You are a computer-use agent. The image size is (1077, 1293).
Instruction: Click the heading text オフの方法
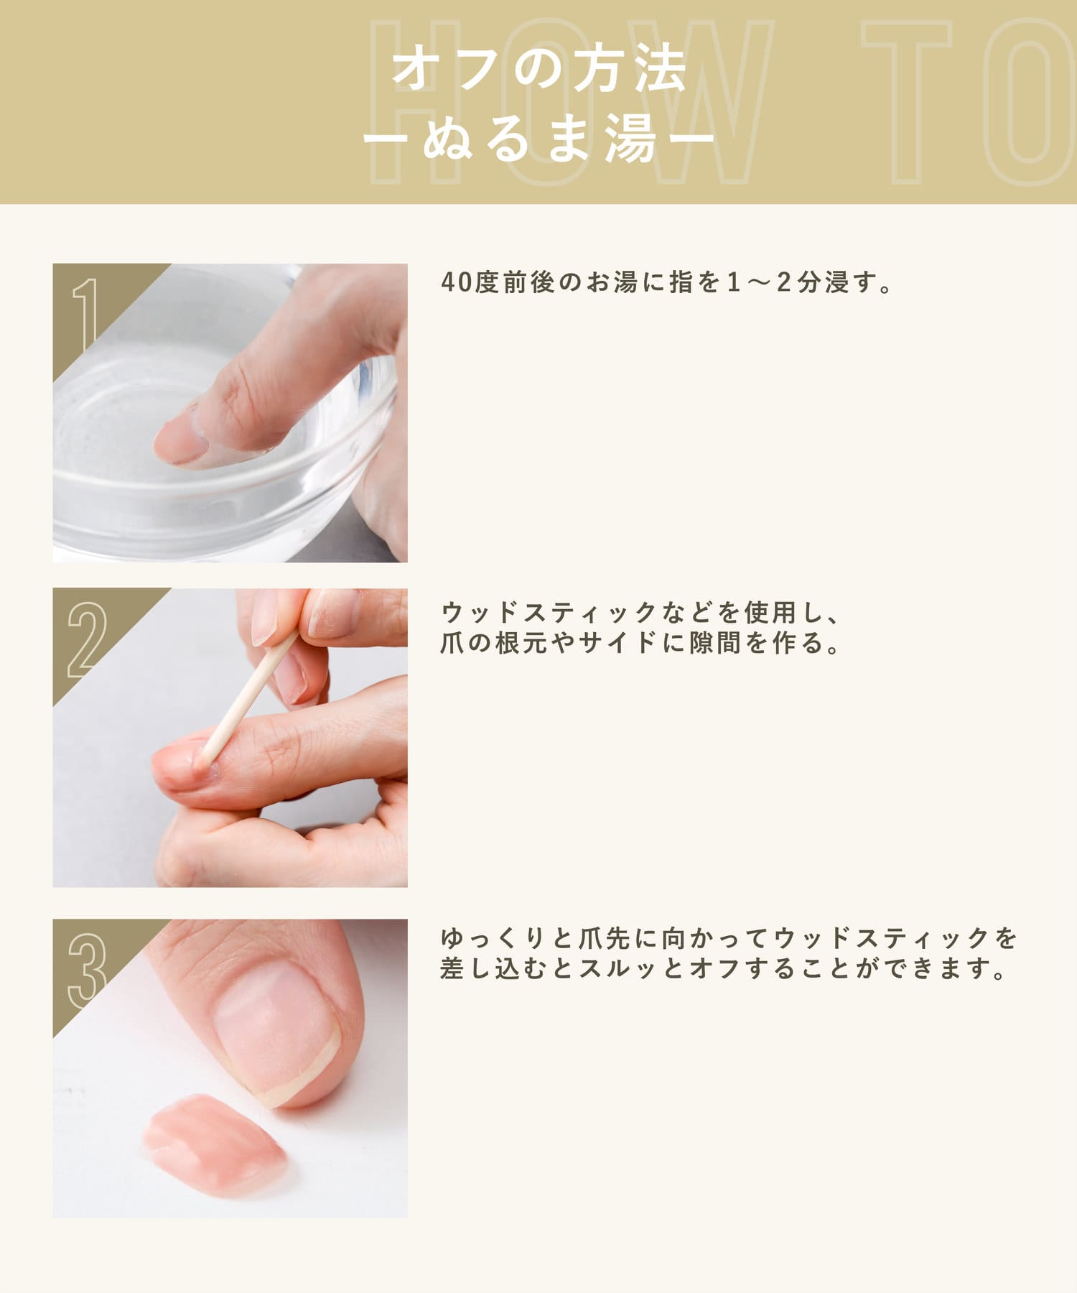[539, 70]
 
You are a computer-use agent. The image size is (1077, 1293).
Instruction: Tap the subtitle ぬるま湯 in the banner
[539, 137]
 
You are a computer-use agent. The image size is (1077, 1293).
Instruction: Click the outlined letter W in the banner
[692, 101]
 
